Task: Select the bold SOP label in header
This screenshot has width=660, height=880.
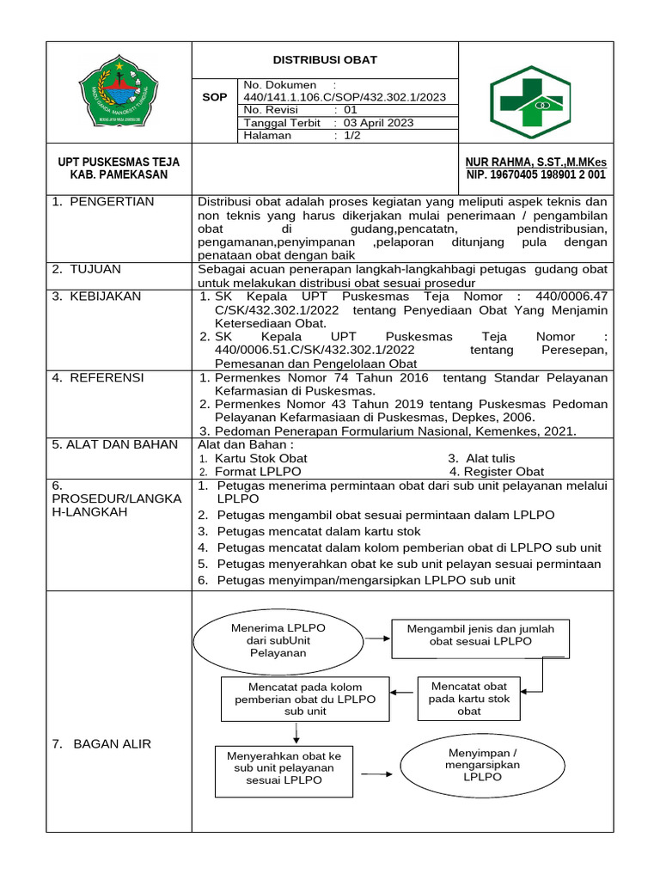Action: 214,97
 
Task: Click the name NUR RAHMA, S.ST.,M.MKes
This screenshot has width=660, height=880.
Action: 535,162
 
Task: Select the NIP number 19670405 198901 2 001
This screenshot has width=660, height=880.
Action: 535,174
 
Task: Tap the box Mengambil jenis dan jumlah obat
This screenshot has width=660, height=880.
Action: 480,635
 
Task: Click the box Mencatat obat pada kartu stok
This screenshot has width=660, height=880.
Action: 469,699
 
